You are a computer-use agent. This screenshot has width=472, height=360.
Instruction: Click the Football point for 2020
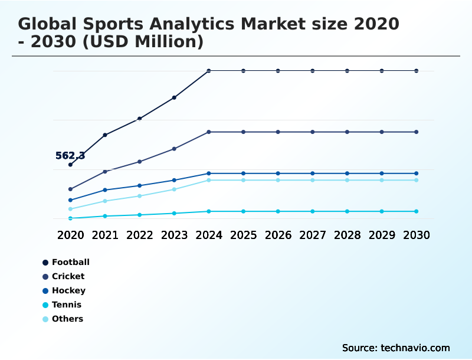[70, 165]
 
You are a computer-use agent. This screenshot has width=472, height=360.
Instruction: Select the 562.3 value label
[70, 156]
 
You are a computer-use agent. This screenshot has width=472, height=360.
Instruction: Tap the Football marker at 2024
[209, 71]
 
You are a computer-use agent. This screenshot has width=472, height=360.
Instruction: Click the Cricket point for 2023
[174, 149]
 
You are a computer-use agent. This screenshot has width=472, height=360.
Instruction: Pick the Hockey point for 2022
[139, 185]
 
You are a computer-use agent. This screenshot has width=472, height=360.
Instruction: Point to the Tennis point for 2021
[105, 216]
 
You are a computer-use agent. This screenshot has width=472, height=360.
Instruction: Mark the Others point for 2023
[174, 189]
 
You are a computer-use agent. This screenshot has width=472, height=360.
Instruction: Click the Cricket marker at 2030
[417, 132]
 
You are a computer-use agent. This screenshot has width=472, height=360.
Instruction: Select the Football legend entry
[65, 262]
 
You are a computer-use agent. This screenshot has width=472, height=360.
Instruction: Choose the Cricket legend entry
[63, 276]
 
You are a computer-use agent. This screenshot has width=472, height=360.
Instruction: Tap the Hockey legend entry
[64, 290]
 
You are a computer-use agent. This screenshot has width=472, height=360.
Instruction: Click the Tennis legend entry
[62, 305]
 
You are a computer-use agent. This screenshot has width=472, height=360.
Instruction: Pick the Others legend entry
[63, 319]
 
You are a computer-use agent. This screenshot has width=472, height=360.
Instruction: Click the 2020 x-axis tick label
[70, 235]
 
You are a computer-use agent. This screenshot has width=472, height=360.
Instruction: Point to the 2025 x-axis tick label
[243, 235]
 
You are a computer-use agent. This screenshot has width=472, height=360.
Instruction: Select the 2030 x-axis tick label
[417, 235]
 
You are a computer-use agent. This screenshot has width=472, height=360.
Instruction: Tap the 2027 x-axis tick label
[313, 235]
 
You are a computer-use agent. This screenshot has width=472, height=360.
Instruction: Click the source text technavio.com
[415, 348]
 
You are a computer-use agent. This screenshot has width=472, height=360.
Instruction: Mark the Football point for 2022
[139, 119]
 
